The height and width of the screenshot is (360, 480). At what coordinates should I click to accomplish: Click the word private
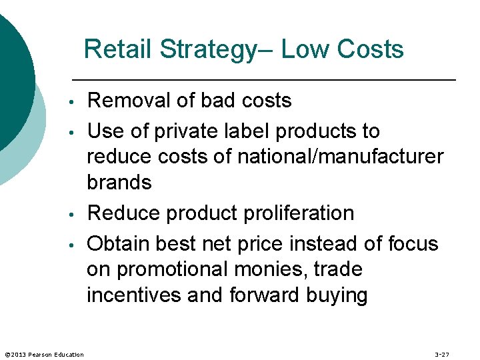[x=181, y=131]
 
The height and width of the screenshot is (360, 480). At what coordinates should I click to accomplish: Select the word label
[x=244, y=131]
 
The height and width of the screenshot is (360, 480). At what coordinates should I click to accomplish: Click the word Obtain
[x=119, y=244]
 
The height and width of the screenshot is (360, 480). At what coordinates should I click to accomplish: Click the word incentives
[x=134, y=295]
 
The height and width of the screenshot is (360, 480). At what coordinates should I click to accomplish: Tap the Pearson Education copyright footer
[x=44, y=354]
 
